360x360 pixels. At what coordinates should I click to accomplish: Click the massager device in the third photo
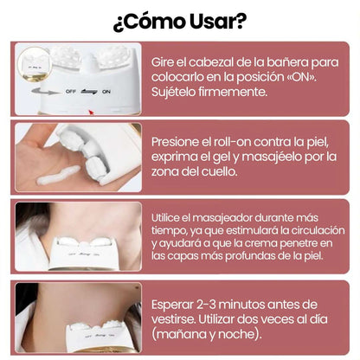pyautogui.click(x=82, y=251)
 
